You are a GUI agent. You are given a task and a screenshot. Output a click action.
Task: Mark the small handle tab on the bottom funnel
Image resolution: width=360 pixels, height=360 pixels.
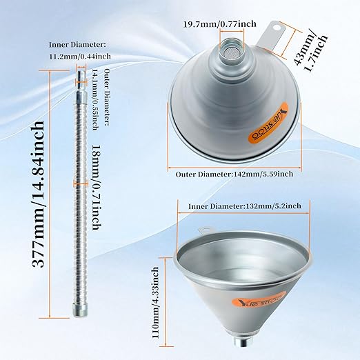(x=204, y=232)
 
